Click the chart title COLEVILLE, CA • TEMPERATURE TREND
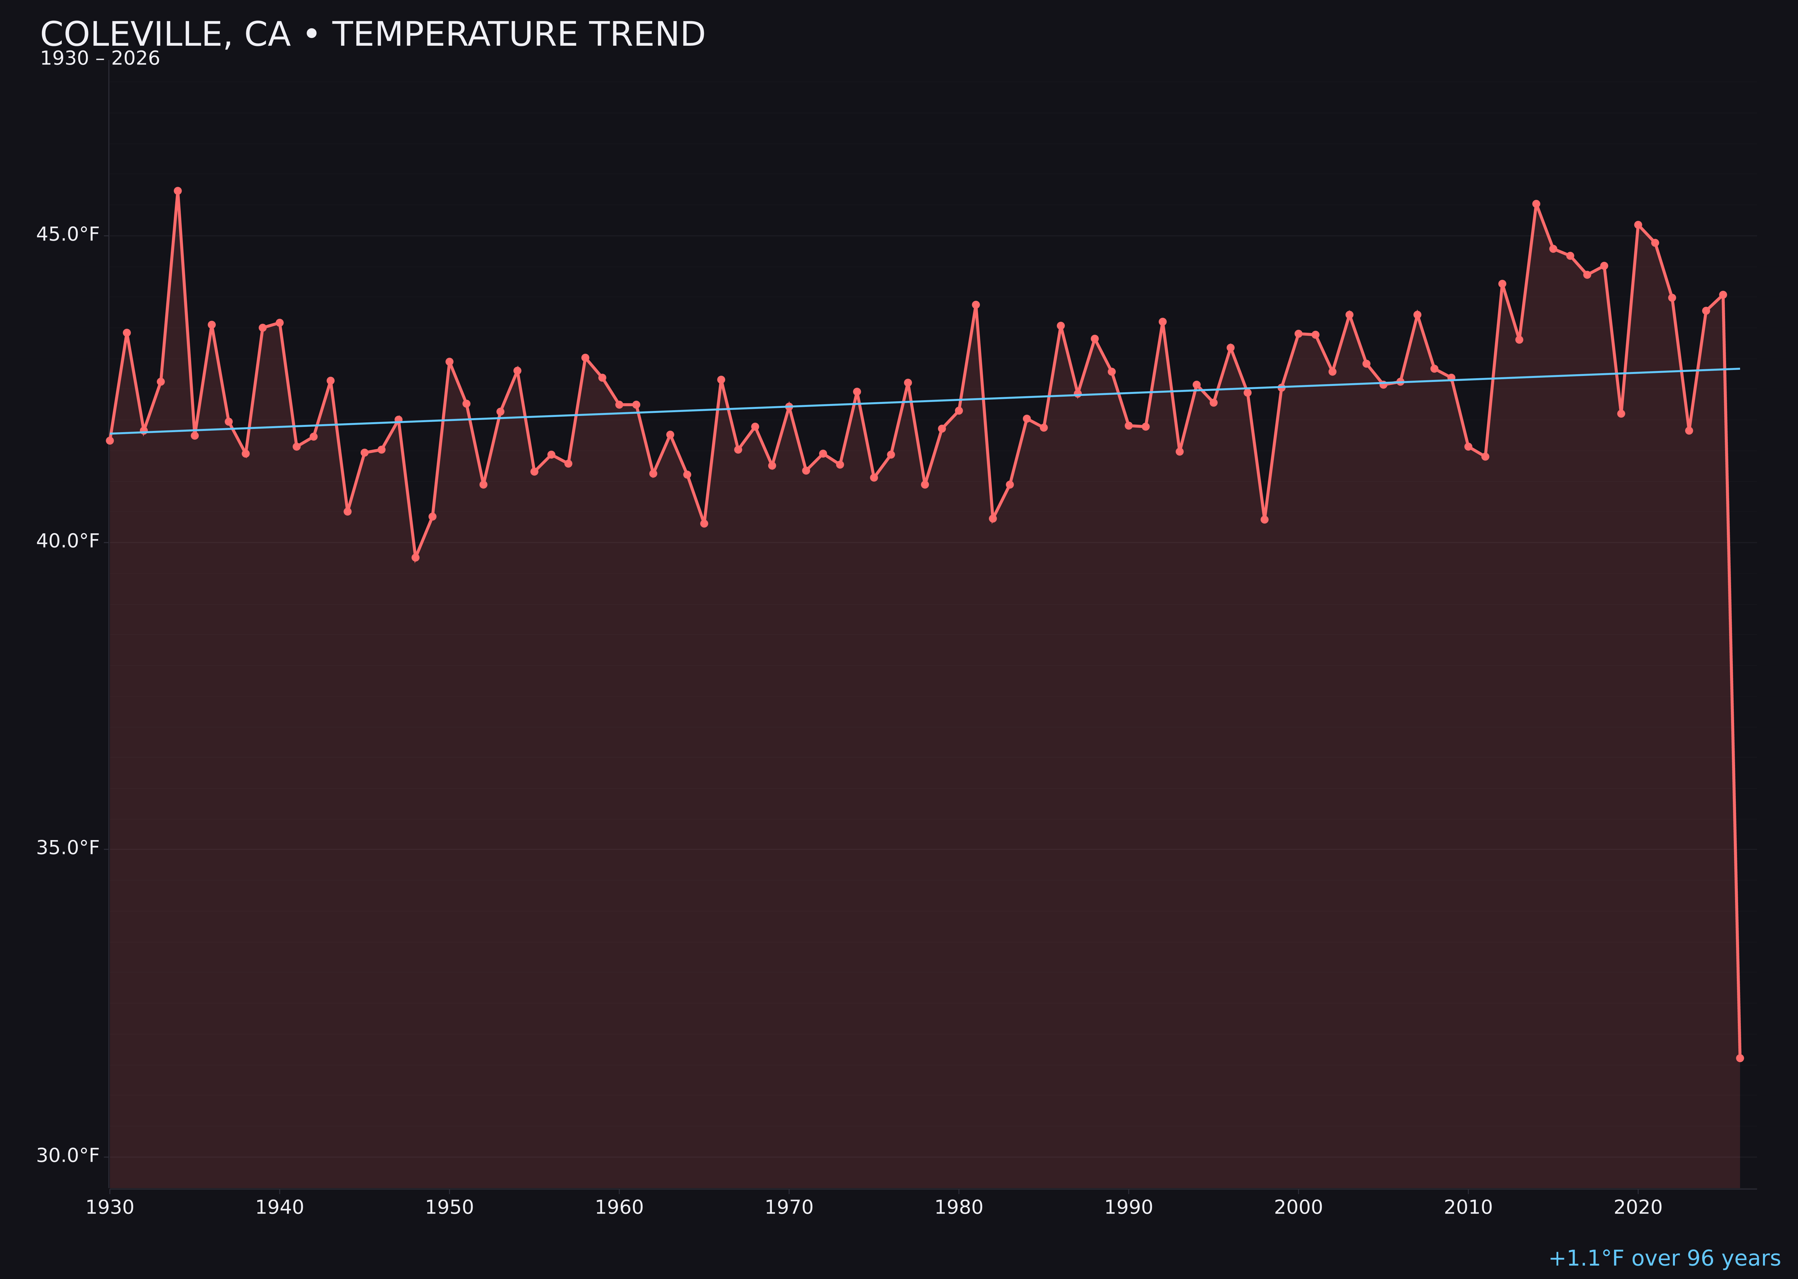click(372, 35)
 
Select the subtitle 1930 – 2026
click(100, 59)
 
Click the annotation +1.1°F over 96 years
click(1664, 1258)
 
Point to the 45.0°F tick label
click(68, 235)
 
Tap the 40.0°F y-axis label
click(68, 542)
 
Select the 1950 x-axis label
click(449, 1207)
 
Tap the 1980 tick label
click(959, 1207)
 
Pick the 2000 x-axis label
click(1298, 1207)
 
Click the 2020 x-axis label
click(1638, 1207)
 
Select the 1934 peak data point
click(178, 191)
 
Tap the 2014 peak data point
click(1536, 204)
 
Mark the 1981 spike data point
click(975, 305)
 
